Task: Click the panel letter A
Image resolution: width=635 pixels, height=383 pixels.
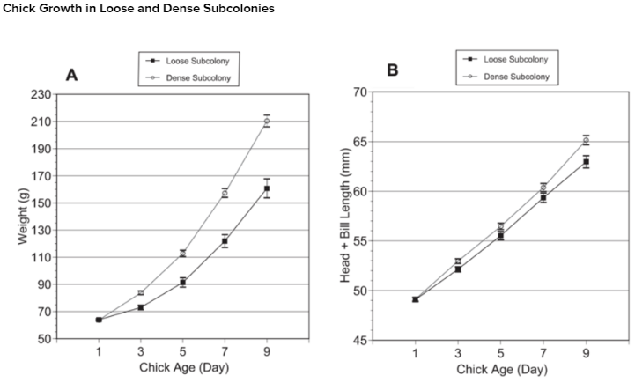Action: click(x=72, y=77)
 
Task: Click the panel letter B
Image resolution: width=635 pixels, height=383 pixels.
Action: click(x=392, y=70)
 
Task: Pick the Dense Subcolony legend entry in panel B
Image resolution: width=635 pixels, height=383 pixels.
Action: click(x=515, y=77)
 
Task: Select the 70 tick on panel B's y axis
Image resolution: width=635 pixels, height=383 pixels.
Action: click(x=359, y=92)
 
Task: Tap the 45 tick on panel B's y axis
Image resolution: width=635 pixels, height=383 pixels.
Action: click(x=359, y=341)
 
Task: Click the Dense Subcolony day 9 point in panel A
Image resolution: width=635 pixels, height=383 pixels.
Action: click(x=267, y=121)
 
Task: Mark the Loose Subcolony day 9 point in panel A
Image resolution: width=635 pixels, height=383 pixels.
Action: click(x=267, y=188)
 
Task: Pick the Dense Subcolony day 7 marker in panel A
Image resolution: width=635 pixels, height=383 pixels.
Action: click(x=225, y=192)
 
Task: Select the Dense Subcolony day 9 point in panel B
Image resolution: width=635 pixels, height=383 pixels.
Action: click(x=586, y=140)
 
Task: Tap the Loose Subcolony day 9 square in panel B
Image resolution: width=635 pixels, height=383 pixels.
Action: click(x=586, y=161)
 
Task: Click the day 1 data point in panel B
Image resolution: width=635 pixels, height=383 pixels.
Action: click(x=415, y=299)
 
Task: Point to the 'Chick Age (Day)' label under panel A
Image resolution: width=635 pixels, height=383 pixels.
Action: click(x=182, y=368)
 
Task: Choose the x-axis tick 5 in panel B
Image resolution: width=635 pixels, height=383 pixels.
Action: click(x=500, y=353)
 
